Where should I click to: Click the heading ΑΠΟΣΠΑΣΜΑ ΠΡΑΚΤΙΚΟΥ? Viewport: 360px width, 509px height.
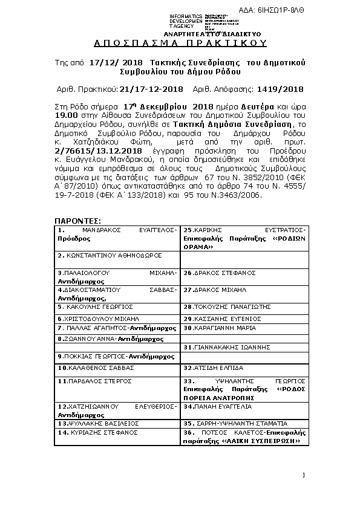[x=180, y=44]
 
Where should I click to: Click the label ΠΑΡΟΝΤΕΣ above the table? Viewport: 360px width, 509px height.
[x=77, y=222]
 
